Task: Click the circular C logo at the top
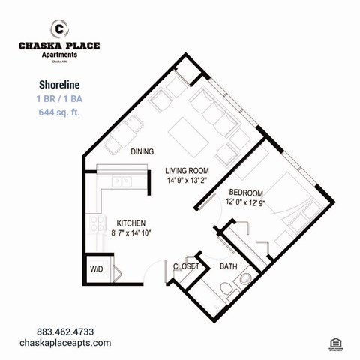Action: (58, 29)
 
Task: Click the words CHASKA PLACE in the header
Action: (58, 46)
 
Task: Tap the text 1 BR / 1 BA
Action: (58, 98)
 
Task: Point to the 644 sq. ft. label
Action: (58, 112)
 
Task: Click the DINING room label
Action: (142, 152)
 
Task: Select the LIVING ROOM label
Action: (188, 171)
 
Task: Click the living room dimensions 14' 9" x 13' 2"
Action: (188, 181)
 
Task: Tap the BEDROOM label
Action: (246, 192)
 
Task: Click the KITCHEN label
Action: (130, 223)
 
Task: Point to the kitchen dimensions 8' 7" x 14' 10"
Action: (132, 232)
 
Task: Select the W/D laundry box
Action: (97, 268)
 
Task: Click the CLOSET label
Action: (186, 266)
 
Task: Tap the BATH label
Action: (228, 266)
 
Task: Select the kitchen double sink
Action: (121, 181)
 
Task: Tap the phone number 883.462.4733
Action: (65, 331)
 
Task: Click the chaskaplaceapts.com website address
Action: (65, 343)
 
